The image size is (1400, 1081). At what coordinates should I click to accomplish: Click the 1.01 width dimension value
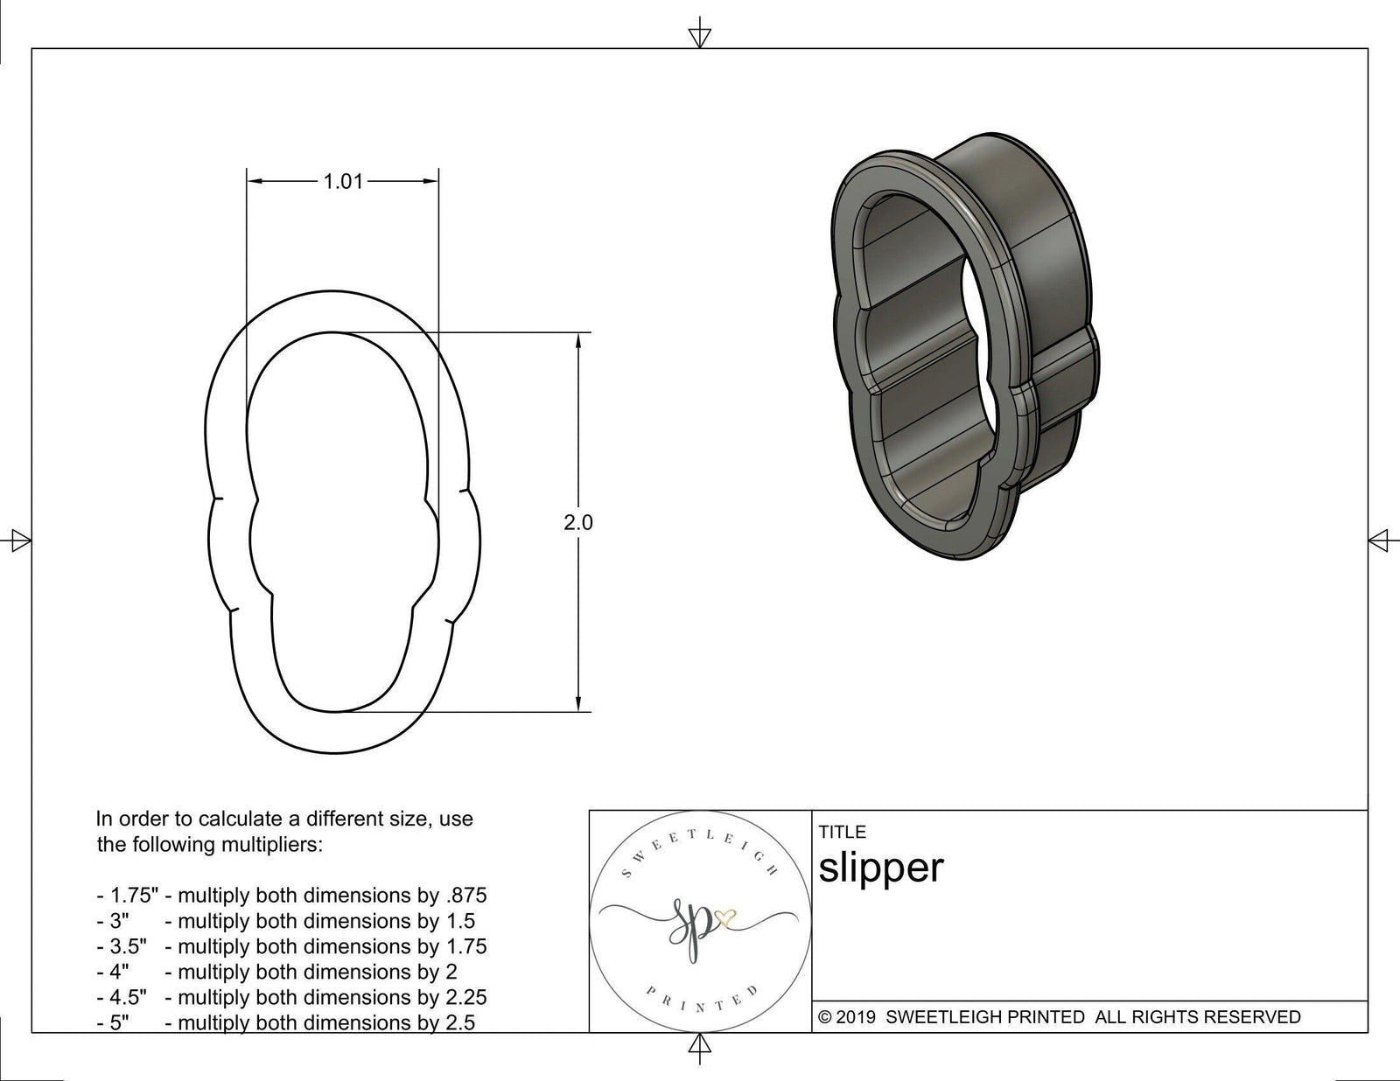[342, 182]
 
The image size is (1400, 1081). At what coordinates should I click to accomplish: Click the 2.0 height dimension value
[577, 523]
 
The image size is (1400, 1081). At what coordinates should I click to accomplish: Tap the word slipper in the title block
[881, 868]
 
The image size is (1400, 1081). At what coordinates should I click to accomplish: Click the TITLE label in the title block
[842, 832]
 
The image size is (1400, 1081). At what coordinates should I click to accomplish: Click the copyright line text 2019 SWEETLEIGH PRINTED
[1059, 1017]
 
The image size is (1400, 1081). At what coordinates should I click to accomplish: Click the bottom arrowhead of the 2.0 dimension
[577, 705]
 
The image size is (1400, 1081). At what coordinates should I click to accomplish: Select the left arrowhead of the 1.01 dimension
[255, 181]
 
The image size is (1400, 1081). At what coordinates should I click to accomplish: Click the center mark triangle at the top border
[699, 36]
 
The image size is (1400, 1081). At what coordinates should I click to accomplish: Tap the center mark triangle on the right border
[1379, 540]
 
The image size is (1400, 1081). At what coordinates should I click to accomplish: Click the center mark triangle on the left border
[19, 540]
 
